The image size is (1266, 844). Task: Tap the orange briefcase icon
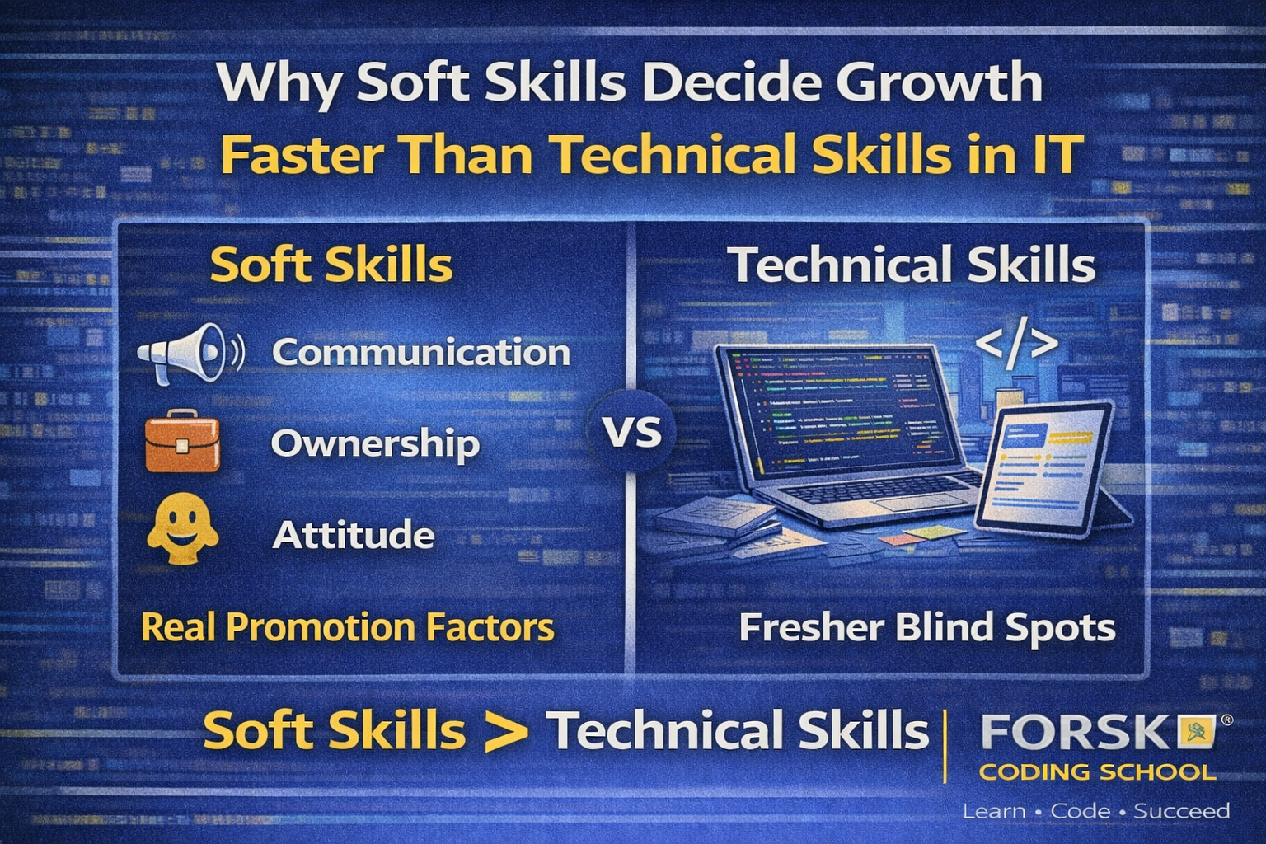pos(182,443)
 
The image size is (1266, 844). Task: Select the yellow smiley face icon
pos(182,530)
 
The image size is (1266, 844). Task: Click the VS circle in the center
pos(632,432)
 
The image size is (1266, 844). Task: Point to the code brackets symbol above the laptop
pos(1016,345)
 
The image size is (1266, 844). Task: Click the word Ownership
pos(375,443)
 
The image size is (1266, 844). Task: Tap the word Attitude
pos(353,536)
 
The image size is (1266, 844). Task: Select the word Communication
pos(421,353)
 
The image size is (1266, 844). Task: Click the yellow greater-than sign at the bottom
pos(505,732)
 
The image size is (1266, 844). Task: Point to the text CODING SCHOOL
pos(1097,772)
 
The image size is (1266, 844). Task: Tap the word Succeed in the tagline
pos(1181,811)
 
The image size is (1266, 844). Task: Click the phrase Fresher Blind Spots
pos(926,627)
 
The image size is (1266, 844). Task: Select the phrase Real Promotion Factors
pos(347,627)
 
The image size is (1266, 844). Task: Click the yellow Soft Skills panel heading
pos(331,265)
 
